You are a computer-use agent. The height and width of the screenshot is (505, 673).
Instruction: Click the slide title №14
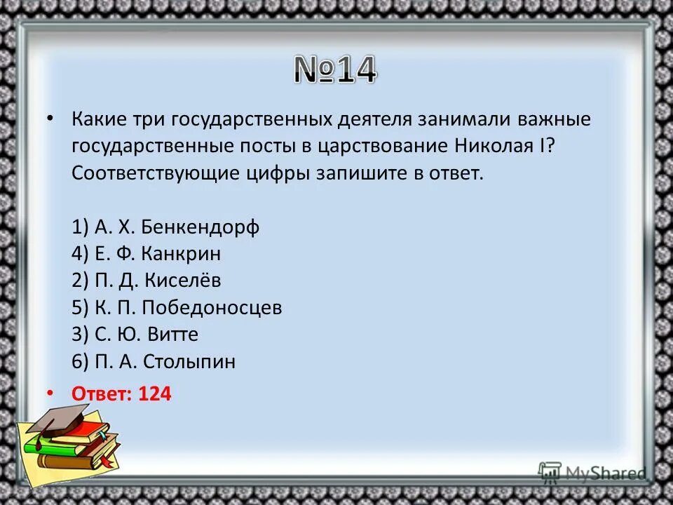[335, 70]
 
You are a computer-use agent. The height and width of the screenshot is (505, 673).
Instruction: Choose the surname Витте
[170, 335]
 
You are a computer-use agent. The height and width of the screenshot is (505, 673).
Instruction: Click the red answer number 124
[154, 394]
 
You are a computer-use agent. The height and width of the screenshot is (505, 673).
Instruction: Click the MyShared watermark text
[606, 473]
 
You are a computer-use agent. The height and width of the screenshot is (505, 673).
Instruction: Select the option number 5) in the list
[79, 308]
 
